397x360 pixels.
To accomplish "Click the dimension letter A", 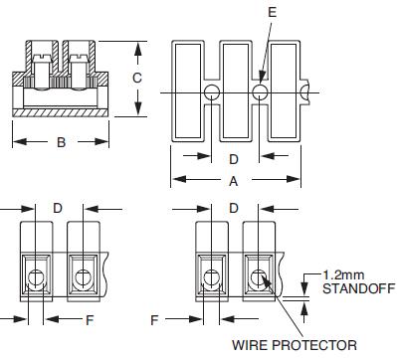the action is coord(234,181).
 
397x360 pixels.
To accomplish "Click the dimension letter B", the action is coord(61,142).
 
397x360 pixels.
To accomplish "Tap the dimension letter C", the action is coord(137,78).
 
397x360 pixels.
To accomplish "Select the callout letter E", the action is coord(272,12).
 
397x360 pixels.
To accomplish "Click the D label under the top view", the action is coord(234,159).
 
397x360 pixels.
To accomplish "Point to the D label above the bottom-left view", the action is coord(58,208).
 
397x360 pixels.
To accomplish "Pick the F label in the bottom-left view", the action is coord(90,320).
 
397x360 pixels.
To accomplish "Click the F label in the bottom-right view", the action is coord(154,320).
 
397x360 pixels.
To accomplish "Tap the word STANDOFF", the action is coord(358,288).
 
